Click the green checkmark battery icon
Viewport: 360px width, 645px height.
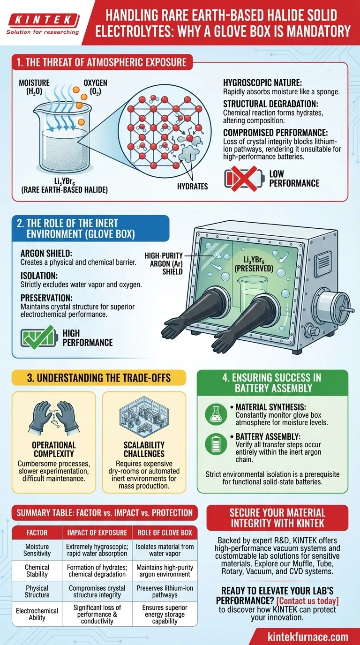(37, 338)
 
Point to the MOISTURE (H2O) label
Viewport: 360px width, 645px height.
(34, 87)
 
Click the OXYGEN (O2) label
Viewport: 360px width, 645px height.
(95, 87)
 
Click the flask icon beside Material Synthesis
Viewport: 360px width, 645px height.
(217, 413)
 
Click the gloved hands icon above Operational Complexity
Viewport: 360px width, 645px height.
(54, 416)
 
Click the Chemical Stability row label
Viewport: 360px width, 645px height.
(37, 570)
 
